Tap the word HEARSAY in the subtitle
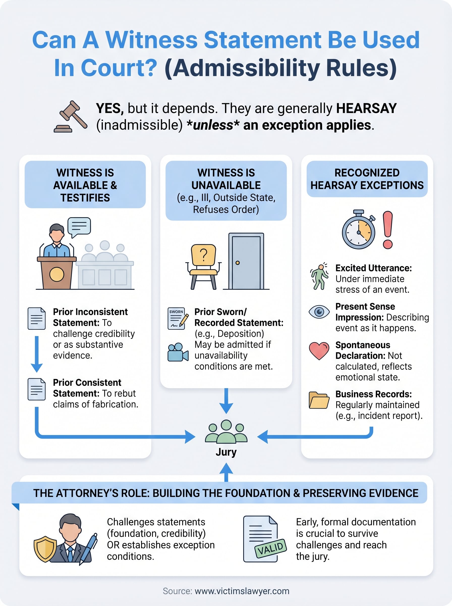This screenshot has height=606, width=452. coord(366,108)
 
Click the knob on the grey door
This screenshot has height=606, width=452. coord(238,263)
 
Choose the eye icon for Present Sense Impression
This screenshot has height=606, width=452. coord(319,312)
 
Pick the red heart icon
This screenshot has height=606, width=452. coord(319,351)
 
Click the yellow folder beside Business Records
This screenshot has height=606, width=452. coord(319,400)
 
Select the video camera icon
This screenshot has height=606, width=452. coord(178,352)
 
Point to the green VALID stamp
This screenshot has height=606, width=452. coord(270,548)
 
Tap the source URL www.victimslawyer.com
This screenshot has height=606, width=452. coord(242,591)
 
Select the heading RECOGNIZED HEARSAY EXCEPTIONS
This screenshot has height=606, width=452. coord(367,179)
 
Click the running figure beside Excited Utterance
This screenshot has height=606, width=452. coord(319,276)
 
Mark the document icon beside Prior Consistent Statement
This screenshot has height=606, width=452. coord(36,389)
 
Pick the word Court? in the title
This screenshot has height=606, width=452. coord(119,68)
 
